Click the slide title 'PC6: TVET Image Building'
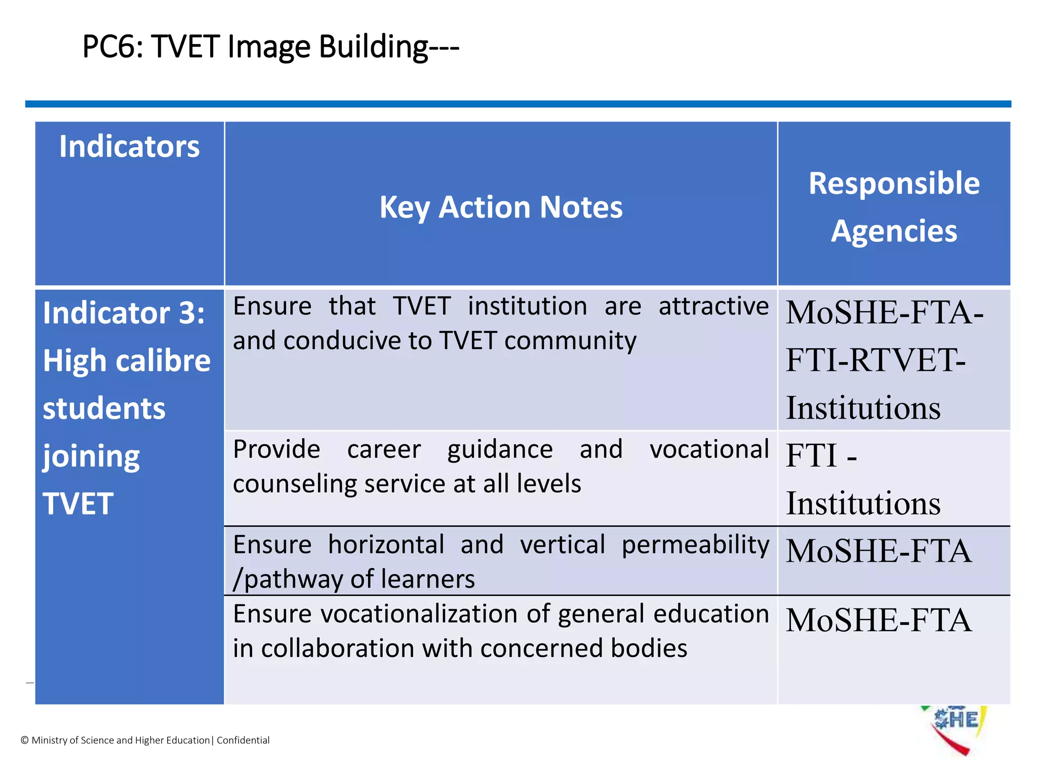270,47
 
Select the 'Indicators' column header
130,147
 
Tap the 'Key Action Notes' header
501,207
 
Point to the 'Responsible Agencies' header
894,207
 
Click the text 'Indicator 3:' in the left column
124,313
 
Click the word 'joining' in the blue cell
91,457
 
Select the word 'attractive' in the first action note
713,306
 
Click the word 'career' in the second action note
384,450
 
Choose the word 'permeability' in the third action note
695,545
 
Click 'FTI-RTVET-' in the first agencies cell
875,360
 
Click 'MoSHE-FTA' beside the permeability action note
879,551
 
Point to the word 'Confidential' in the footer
243,741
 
